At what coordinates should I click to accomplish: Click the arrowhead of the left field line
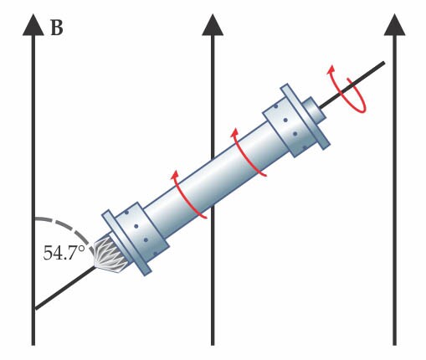(33, 24)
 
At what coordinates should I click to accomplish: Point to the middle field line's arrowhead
(213, 24)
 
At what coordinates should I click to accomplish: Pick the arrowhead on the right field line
(394, 24)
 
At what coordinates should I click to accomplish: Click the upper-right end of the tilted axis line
(383, 63)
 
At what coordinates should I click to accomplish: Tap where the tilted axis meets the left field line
(33, 309)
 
